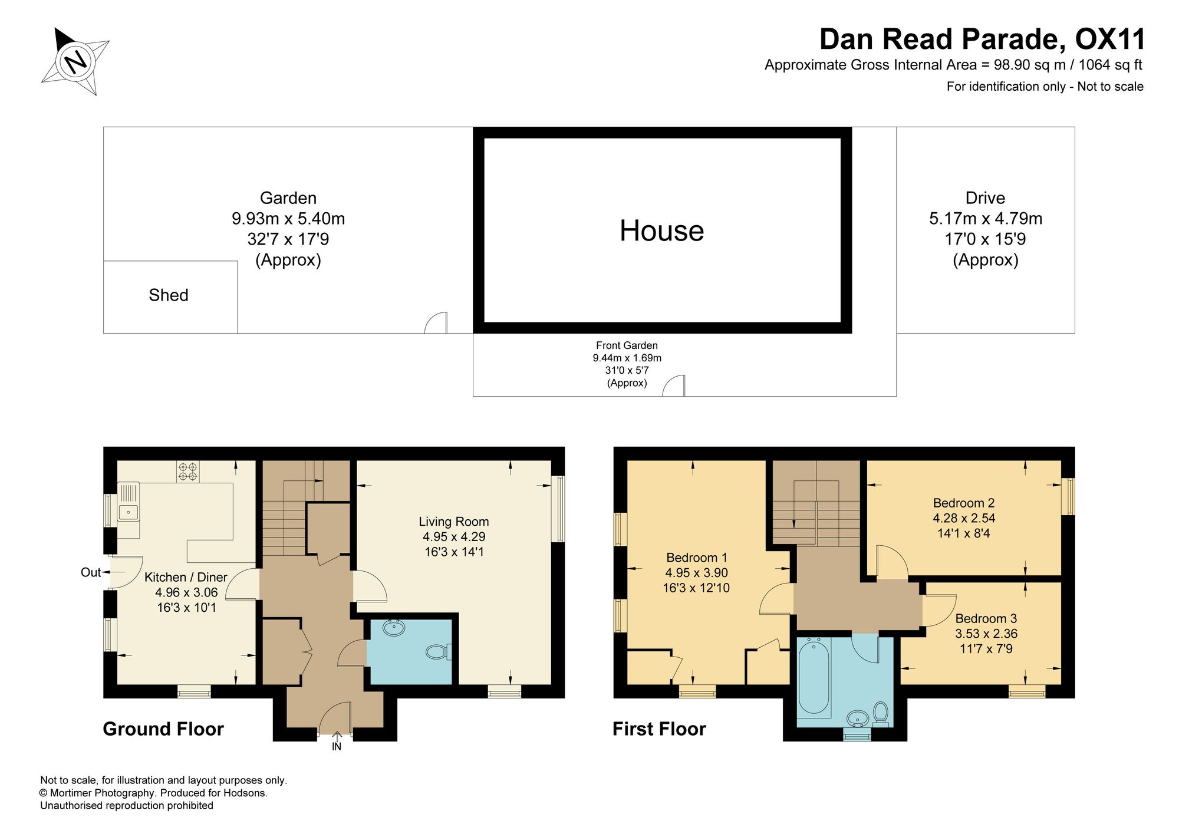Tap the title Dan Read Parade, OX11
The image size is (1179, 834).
(x=982, y=39)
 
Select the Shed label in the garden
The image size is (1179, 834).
(x=169, y=295)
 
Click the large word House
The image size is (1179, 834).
(x=661, y=230)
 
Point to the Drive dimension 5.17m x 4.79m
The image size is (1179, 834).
(x=986, y=219)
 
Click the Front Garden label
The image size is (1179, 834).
(x=627, y=345)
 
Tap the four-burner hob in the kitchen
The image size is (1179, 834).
(x=188, y=472)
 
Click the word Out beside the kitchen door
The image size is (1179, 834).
(x=91, y=572)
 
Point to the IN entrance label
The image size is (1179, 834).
(x=337, y=747)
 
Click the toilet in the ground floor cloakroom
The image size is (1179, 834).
(x=439, y=652)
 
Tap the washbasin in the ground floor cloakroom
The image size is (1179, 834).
(x=394, y=628)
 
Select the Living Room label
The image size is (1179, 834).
(x=454, y=522)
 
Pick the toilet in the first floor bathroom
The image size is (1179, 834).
(x=881, y=714)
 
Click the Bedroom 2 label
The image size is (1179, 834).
(x=964, y=503)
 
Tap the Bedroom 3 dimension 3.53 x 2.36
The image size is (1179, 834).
(x=986, y=634)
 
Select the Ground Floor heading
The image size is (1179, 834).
(x=163, y=729)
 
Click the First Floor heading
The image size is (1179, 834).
(x=659, y=729)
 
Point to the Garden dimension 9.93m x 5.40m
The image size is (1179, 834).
(x=288, y=219)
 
